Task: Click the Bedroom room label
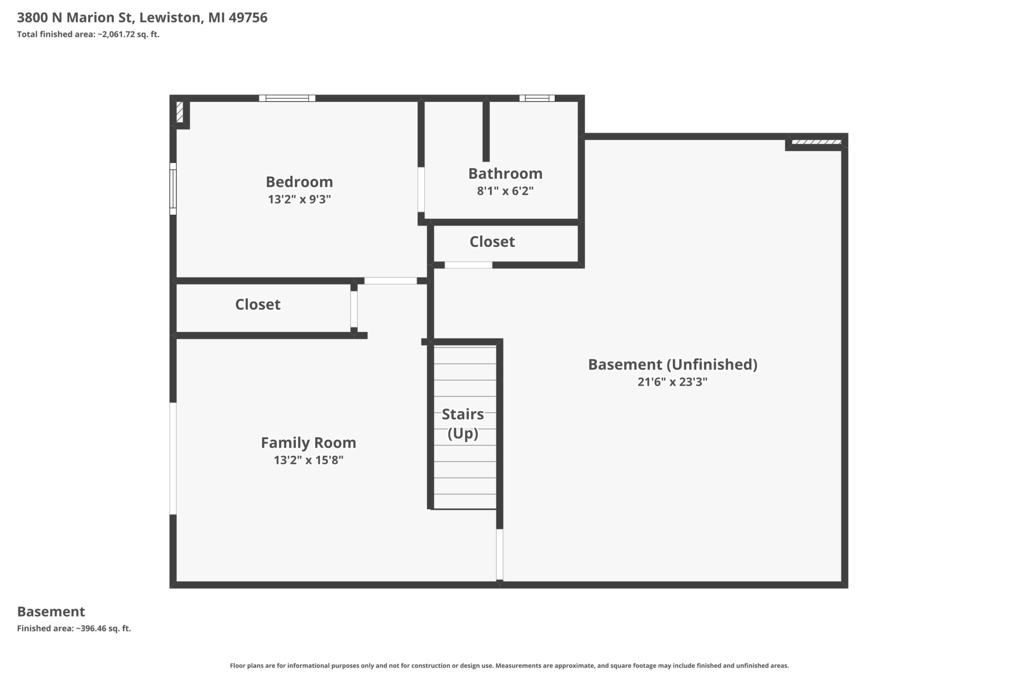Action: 299,182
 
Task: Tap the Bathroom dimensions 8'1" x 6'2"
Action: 505,191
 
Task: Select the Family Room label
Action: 308,443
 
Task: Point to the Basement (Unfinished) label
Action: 672,365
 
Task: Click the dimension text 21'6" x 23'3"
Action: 672,382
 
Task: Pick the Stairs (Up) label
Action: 463,424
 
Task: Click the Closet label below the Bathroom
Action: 492,242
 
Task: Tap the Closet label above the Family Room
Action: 258,304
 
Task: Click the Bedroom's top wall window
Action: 287,98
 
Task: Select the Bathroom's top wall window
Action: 537,98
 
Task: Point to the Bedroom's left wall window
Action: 173,189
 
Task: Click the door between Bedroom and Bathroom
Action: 421,190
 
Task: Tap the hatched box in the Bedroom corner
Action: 179,112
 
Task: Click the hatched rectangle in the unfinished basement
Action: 816,142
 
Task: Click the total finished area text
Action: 88,35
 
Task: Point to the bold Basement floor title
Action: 51,611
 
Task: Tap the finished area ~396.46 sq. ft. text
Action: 74,628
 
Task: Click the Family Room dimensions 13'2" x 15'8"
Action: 309,460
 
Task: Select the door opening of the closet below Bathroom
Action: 468,265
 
